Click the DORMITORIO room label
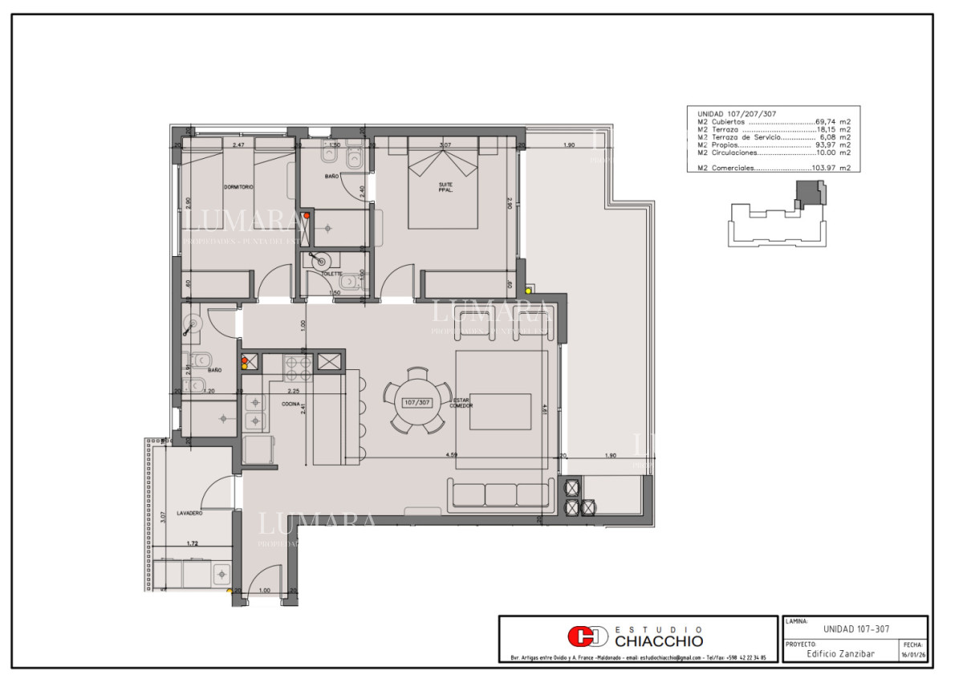(238, 187)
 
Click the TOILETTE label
(331, 274)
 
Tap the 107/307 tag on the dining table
(417, 401)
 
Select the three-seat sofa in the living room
(501, 494)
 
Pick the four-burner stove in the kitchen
(299, 368)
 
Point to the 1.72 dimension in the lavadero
(193, 544)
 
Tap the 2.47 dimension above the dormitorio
(238, 145)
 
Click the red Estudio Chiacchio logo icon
(587, 637)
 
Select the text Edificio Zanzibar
(839, 653)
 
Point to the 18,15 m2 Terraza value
(833, 129)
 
